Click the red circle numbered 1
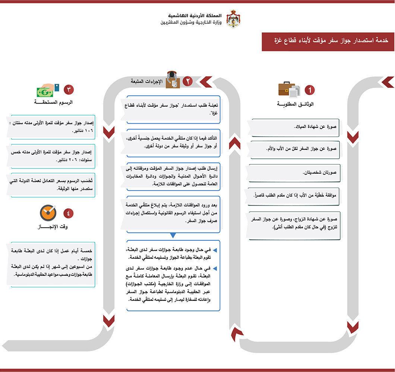click(309, 90)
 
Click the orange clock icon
click(48, 213)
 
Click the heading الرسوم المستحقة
click(54, 102)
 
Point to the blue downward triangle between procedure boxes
click(173, 236)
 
